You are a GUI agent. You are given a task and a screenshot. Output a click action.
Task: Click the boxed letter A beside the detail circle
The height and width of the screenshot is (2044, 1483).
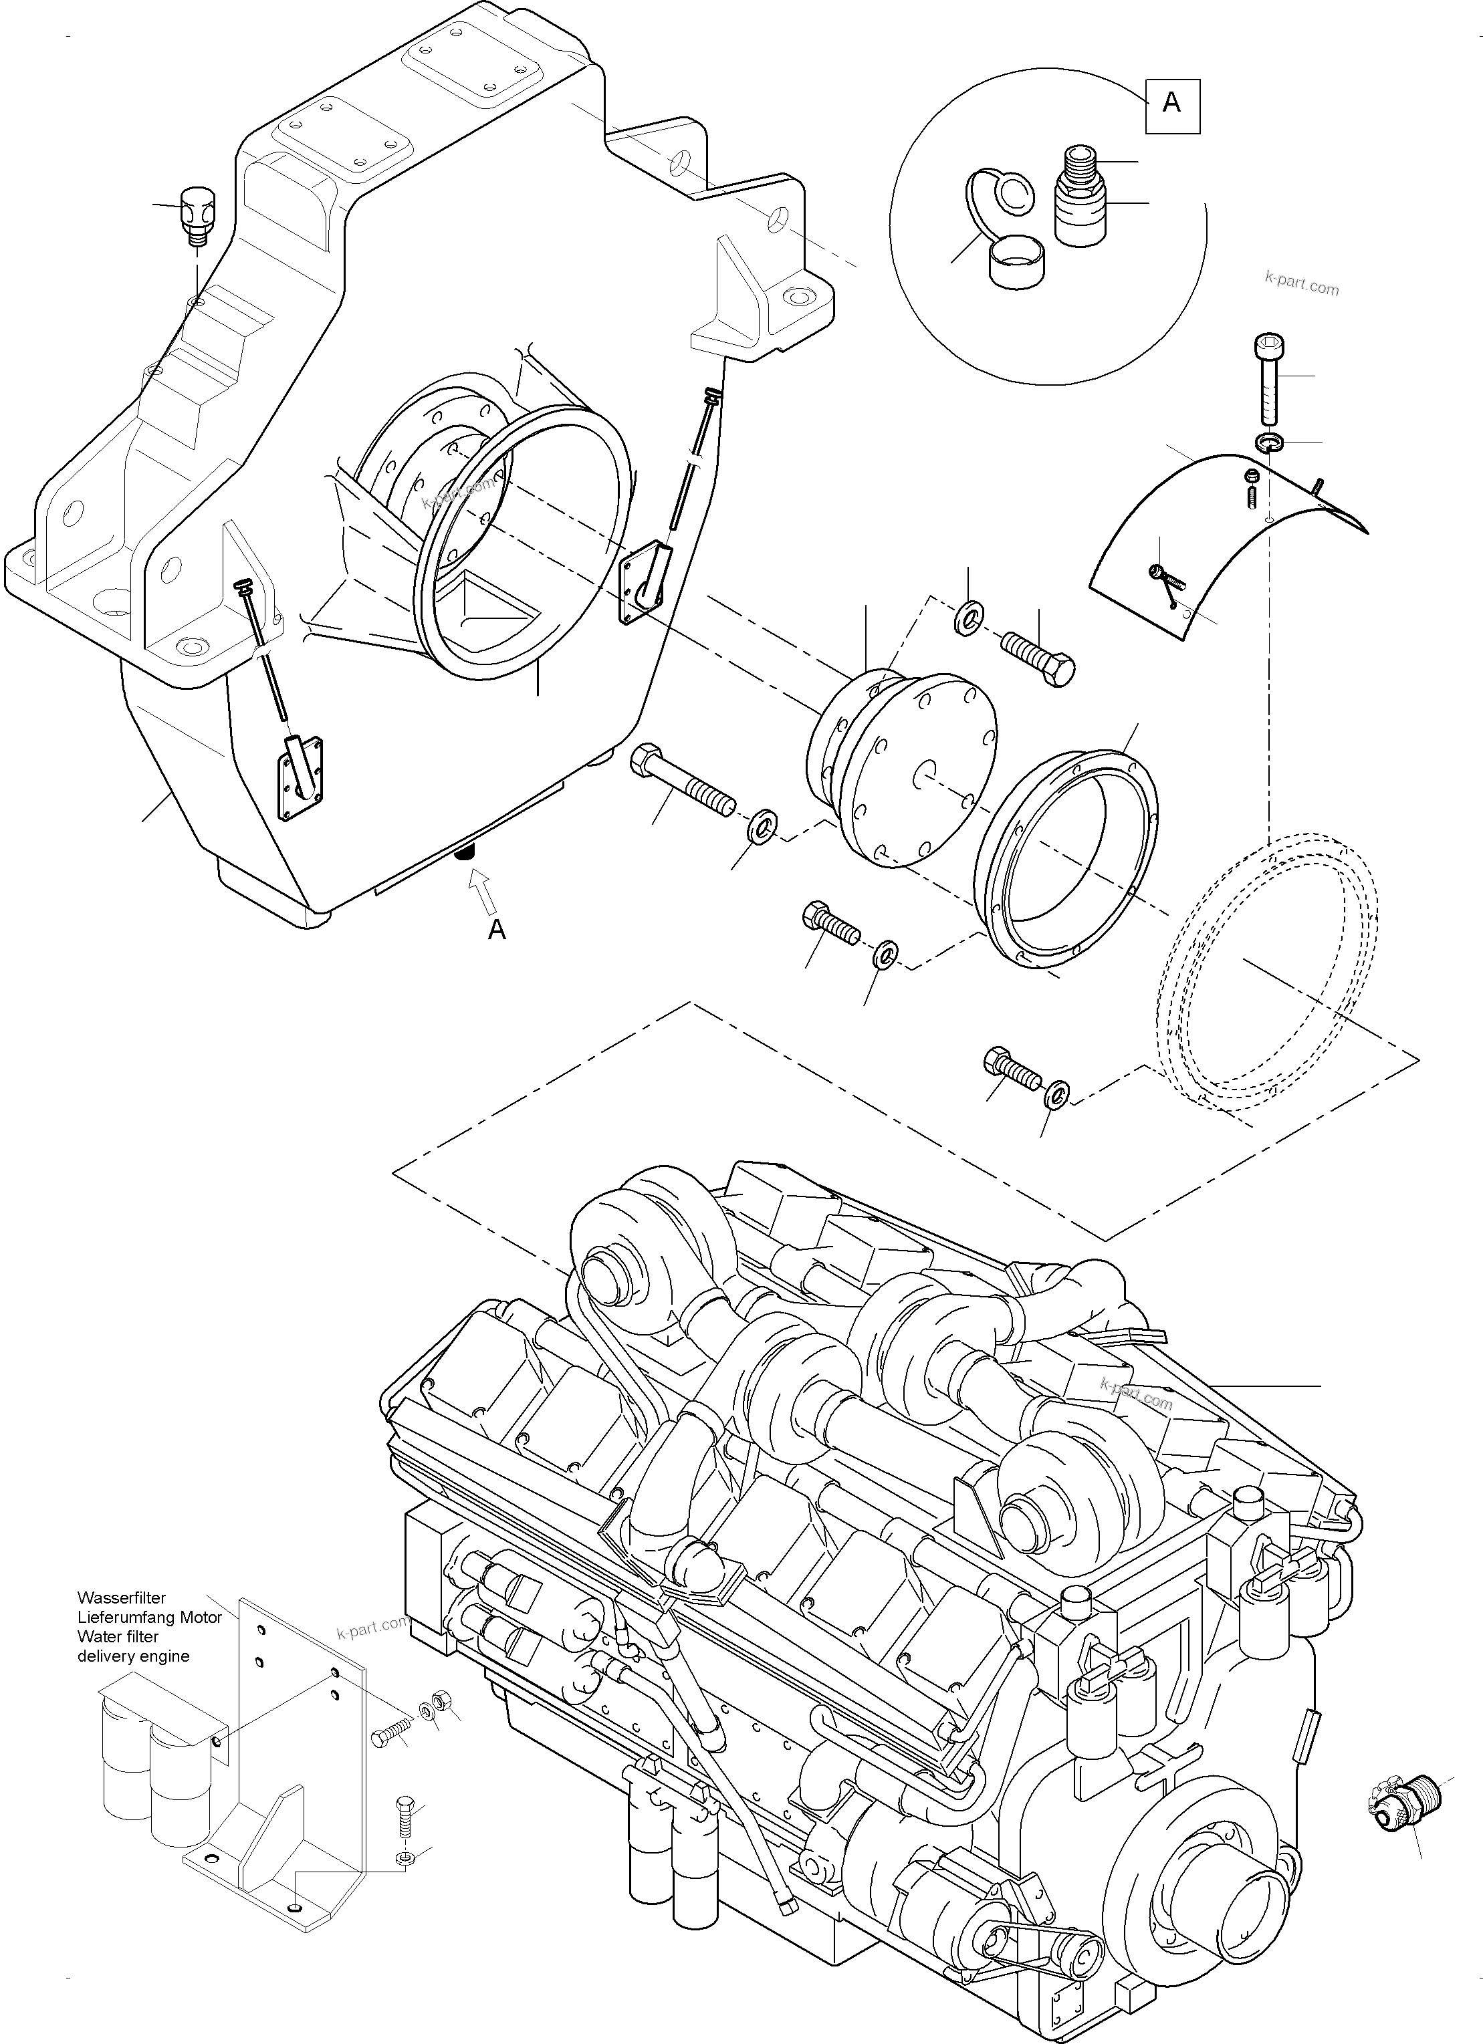pos(1172,104)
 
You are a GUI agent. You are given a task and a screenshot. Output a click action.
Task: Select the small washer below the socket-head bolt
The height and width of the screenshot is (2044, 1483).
pos(1269,442)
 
